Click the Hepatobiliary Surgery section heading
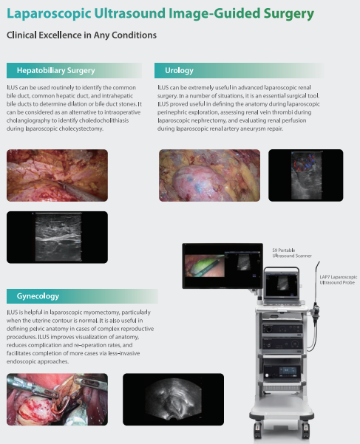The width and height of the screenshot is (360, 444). (x=55, y=70)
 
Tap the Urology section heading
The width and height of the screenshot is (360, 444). (x=179, y=70)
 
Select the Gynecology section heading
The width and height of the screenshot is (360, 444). (x=38, y=296)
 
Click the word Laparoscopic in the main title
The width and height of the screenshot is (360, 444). (x=49, y=13)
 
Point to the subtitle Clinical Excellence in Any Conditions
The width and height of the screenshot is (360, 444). (x=81, y=35)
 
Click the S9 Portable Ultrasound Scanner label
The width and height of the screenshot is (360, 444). (x=292, y=253)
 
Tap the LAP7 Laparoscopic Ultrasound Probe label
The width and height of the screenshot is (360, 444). (x=338, y=279)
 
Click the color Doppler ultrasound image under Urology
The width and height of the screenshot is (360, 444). (x=306, y=175)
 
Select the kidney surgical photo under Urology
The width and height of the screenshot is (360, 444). (x=209, y=175)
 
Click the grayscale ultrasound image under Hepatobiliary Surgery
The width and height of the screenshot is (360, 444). (x=57, y=237)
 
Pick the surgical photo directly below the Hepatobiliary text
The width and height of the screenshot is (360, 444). (x=57, y=175)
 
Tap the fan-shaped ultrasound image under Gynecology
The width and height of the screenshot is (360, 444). (x=173, y=399)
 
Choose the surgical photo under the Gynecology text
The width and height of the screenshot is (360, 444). (x=57, y=399)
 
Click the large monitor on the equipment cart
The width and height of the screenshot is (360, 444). (x=223, y=266)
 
